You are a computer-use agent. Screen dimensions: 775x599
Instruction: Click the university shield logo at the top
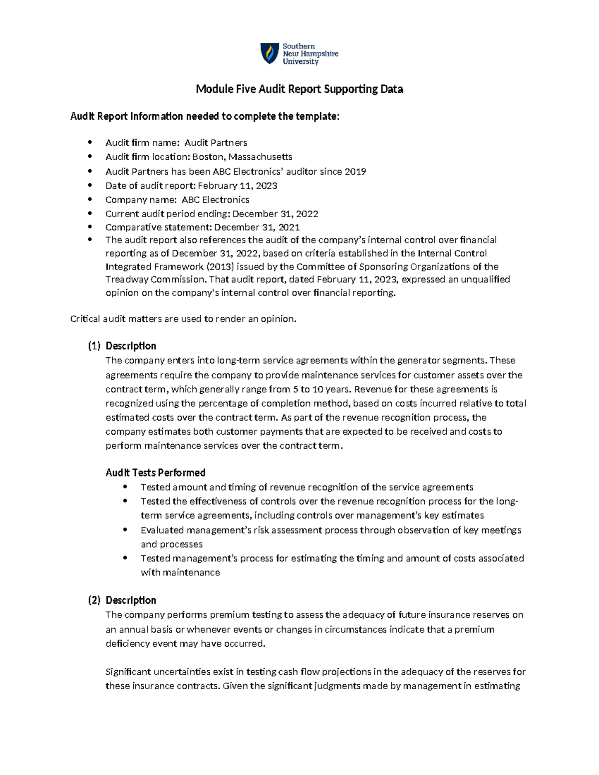tap(270, 53)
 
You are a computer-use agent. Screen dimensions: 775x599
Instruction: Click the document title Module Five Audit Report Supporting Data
tap(299, 89)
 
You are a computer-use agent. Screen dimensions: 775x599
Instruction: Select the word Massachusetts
tap(260, 157)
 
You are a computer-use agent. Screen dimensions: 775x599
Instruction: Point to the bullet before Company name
tap(90, 200)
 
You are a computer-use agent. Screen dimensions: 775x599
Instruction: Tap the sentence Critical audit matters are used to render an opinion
tap(183, 319)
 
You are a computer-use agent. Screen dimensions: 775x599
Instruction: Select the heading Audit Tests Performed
tap(155, 473)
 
